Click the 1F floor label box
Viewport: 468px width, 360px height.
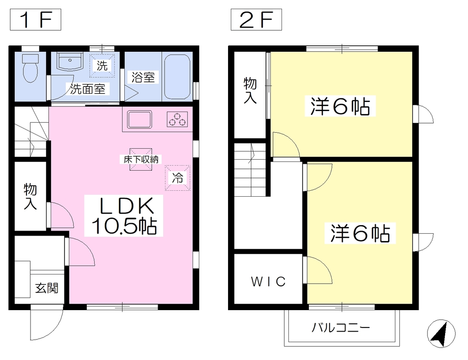pyautogui.click(x=36, y=20)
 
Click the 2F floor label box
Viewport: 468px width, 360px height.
pyautogui.click(x=256, y=20)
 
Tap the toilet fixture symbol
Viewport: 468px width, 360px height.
pyautogui.click(x=30, y=68)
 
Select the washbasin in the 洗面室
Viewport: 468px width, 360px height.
pyautogui.click(x=70, y=62)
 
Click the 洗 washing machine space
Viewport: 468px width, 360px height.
pyautogui.click(x=102, y=66)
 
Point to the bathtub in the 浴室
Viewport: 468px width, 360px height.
pyautogui.click(x=177, y=76)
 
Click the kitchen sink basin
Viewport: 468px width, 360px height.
pyautogui.click(x=139, y=119)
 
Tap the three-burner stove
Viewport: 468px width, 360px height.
pyautogui.click(x=177, y=119)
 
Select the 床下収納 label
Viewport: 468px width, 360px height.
pyautogui.click(x=141, y=160)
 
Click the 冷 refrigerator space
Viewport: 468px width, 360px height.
pyautogui.click(x=178, y=178)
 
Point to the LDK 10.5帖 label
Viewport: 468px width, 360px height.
pyautogui.click(x=123, y=215)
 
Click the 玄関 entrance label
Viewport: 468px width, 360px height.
pyautogui.click(x=47, y=288)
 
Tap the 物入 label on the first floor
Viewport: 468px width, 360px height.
pyautogui.click(x=30, y=196)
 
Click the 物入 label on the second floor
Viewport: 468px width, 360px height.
pyautogui.click(x=250, y=90)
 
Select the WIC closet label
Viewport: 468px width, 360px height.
pyautogui.click(x=268, y=281)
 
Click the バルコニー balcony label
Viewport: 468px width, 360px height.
pyautogui.click(x=341, y=328)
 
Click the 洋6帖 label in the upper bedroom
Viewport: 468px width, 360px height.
pyautogui.click(x=340, y=106)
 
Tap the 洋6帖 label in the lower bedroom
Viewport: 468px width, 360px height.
pyautogui.click(x=360, y=233)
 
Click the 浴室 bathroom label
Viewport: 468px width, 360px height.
pyautogui.click(x=143, y=77)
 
